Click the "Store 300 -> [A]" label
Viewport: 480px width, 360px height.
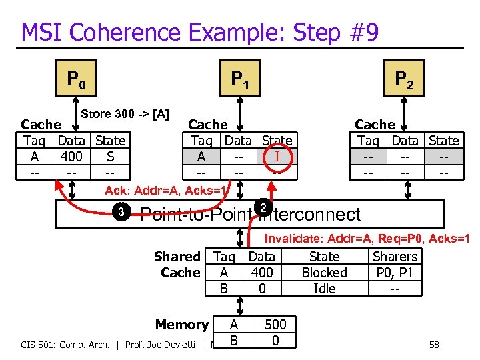pyautogui.click(x=125, y=114)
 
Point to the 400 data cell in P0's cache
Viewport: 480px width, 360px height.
pyautogui.click(x=71, y=157)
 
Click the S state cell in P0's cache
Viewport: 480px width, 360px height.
pyautogui.click(x=110, y=157)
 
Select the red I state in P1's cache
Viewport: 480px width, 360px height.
pyautogui.click(x=277, y=157)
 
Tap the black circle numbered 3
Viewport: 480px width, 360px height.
pyautogui.click(x=121, y=213)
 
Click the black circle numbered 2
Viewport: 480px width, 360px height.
pyautogui.click(x=263, y=208)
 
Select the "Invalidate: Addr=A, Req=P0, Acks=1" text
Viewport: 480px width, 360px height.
pyautogui.click(x=367, y=239)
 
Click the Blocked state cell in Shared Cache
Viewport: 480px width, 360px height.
pyautogui.click(x=324, y=273)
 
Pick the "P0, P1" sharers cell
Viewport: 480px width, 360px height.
pyautogui.click(x=395, y=273)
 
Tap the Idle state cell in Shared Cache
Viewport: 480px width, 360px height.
pyautogui.click(x=324, y=289)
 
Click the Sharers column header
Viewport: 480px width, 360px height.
pyautogui.click(x=395, y=257)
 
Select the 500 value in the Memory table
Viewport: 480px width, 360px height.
pyautogui.click(x=275, y=325)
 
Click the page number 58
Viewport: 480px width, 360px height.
pyautogui.click(x=434, y=345)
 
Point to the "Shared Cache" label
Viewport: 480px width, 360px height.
pyautogui.click(x=177, y=265)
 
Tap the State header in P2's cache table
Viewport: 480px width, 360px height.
pyautogui.click(x=443, y=141)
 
